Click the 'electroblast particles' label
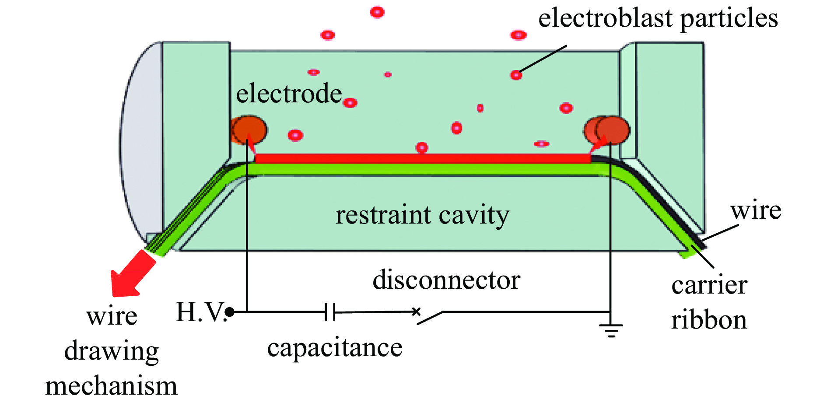click(658, 18)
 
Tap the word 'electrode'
click(289, 94)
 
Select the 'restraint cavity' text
click(422, 215)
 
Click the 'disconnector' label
click(446, 280)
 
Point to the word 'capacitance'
click(335, 348)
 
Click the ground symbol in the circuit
click(611, 329)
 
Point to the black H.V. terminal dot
click(230, 312)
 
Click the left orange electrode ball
click(249, 130)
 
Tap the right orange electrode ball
click(611, 130)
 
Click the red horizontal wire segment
click(422, 158)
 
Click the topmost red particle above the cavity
click(377, 12)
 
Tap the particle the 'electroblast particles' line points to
click(516, 75)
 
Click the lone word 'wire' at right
click(756, 210)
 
